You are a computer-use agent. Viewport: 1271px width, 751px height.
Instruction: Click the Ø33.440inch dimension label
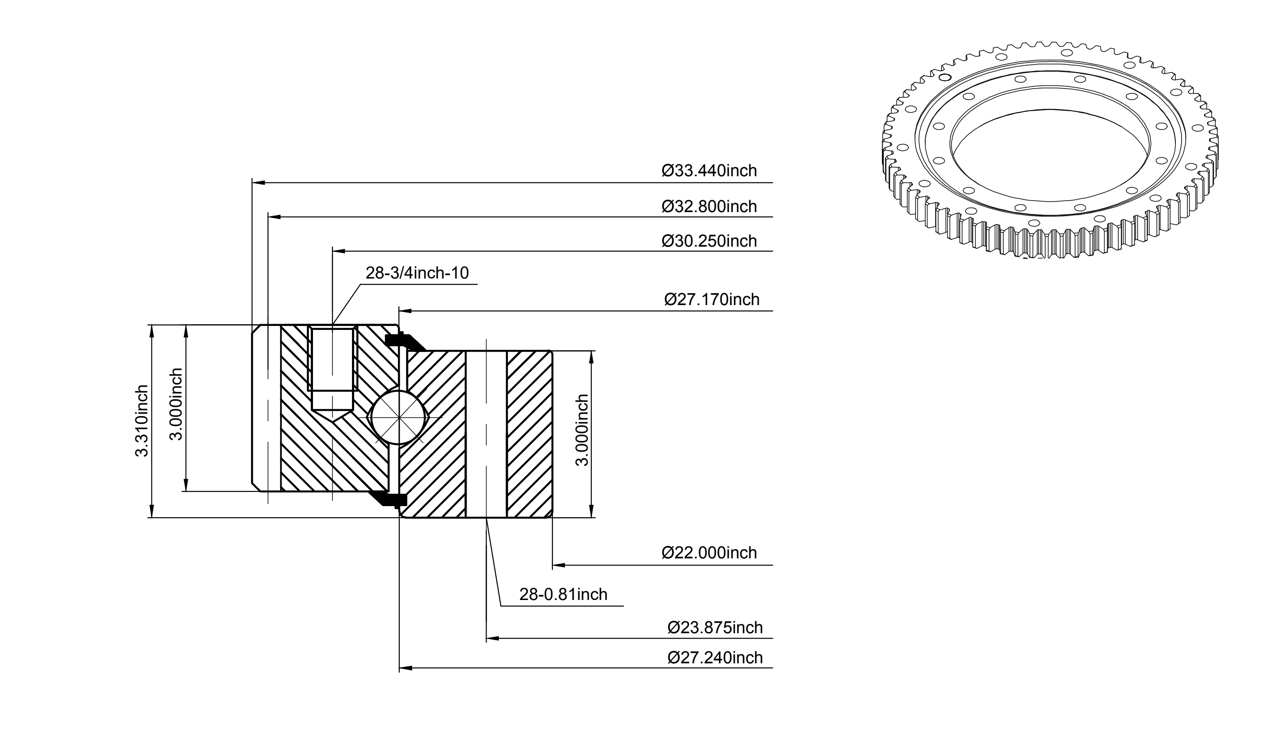click(709, 171)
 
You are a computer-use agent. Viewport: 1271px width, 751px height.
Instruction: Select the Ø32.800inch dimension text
click(709, 206)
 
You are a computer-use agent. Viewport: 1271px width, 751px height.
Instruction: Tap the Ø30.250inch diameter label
click(709, 241)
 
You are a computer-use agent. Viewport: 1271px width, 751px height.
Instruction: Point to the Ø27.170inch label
click(712, 300)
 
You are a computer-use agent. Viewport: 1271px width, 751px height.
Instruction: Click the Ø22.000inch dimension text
click(709, 553)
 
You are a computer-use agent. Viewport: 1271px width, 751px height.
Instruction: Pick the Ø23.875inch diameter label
click(715, 627)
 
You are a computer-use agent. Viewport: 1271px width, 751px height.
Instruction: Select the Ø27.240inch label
click(715, 658)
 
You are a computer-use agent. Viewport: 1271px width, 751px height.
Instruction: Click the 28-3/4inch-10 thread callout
click(417, 273)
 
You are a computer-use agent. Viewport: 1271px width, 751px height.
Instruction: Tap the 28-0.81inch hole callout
click(563, 594)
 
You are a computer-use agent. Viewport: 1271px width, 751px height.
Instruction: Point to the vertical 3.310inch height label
click(142, 421)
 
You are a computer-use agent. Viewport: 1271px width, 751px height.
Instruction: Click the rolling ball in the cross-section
click(399, 418)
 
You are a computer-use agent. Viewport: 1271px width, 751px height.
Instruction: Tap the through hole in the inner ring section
click(486, 434)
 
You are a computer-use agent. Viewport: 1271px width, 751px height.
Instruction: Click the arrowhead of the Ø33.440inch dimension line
click(259, 182)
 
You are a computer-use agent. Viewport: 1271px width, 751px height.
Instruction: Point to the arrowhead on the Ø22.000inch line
click(559, 565)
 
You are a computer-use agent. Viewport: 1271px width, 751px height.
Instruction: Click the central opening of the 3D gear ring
click(1050, 157)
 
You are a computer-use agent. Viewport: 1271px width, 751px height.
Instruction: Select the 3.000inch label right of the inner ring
click(583, 430)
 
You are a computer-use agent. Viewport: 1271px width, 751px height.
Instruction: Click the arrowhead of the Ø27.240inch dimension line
click(406, 668)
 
